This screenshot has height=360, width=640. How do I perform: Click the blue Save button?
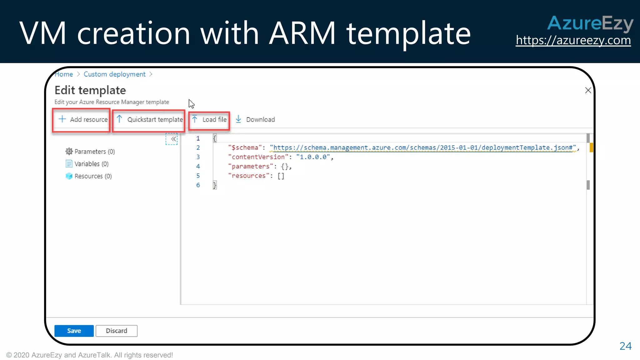[x=74, y=331]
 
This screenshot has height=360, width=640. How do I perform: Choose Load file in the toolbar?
[x=209, y=119]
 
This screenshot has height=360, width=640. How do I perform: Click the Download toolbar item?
[x=255, y=119]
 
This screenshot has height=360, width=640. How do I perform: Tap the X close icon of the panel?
[x=588, y=90]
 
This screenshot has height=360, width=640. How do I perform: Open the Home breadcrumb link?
[x=64, y=74]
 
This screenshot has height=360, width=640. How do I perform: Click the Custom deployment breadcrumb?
[x=114, y=74]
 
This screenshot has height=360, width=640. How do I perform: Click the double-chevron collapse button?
[x=172, y=139]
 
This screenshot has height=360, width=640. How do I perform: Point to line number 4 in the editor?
[x=198, y=166]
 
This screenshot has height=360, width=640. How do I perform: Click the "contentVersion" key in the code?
[x=258, y=157]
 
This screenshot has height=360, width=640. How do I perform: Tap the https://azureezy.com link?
[x=573, y=40]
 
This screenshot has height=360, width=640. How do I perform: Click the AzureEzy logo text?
[x=590, y=23]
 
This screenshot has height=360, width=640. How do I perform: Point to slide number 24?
[x=625, y=346]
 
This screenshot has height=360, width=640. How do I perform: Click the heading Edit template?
[x=90, y=90]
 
